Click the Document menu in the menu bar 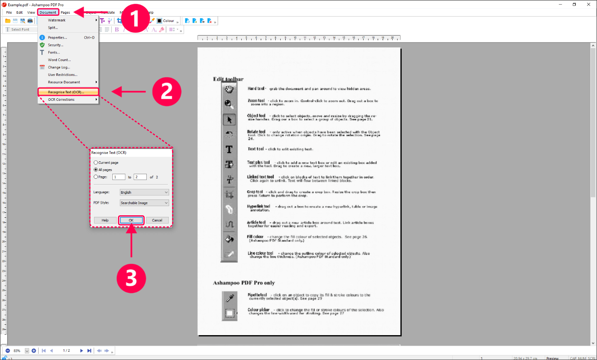point(48,12)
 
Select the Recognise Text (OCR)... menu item point(66,92)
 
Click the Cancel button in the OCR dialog point(157,220)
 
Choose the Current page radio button point(96,163)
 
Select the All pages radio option point(96,170)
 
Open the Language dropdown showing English point(144,192)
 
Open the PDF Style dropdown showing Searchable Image point(144,203)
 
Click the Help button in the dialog point(105,220)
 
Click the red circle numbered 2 point(167,91)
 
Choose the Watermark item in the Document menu point(57,20)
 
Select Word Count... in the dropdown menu point(59,60)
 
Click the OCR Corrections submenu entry point(61,100)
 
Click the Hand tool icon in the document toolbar point(229,89)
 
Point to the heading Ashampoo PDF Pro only point(244,283)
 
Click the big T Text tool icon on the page point(229,149)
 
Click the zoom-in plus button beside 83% point(34,350)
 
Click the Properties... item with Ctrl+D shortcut point(58,38)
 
